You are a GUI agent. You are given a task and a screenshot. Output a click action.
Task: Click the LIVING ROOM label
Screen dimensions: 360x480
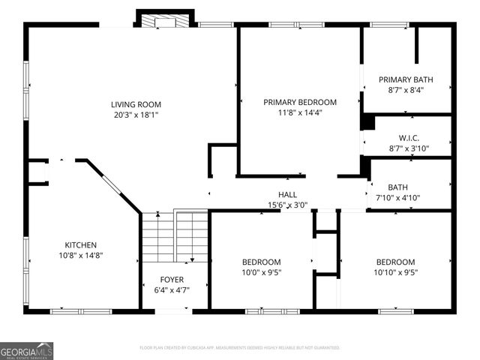[136, 104]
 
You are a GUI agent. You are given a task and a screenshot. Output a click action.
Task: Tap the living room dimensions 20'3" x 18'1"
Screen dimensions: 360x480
[136, 115]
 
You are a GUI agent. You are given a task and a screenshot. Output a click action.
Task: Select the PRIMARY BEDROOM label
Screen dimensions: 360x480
[299, 102]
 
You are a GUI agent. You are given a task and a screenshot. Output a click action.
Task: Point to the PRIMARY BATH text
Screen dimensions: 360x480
[406, 79]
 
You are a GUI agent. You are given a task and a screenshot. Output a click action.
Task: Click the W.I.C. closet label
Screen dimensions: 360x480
[408, 137]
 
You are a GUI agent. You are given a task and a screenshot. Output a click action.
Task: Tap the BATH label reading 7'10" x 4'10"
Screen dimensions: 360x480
[398, 187]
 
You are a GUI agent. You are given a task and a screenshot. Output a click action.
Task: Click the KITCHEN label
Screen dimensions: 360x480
[80, 244]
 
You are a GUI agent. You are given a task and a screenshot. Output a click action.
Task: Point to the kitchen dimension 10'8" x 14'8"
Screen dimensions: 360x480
[80, 255]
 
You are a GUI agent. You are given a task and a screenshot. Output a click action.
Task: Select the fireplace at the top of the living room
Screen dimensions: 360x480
[165, 20]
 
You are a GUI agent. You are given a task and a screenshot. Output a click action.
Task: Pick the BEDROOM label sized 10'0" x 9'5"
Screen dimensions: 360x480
[261, 262]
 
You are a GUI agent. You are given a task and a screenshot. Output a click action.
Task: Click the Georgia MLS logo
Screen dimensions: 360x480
[27, 350]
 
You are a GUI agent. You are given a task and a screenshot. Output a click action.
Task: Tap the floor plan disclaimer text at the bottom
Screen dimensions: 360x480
[240, 348]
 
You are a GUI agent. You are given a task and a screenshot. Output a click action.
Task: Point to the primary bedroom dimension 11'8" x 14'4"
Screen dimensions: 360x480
[299, 112]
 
